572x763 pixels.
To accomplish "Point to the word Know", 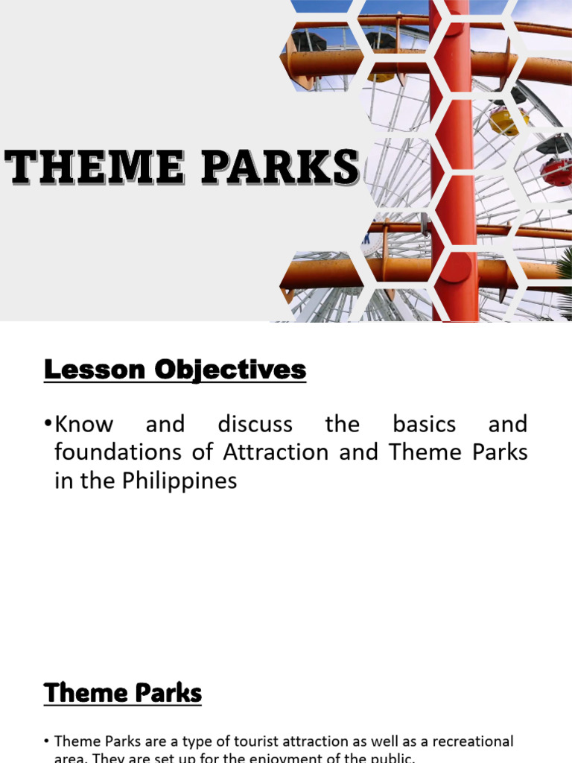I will [84, 425].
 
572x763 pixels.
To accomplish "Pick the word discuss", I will [255, 425].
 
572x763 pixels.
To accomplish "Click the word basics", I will [423, 425].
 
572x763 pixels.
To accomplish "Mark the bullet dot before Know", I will [48, 424].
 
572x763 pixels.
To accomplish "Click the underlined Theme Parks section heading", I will [123, 693].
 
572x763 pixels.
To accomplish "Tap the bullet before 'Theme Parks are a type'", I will [46, 741].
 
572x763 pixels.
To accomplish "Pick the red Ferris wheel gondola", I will [556, 171].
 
